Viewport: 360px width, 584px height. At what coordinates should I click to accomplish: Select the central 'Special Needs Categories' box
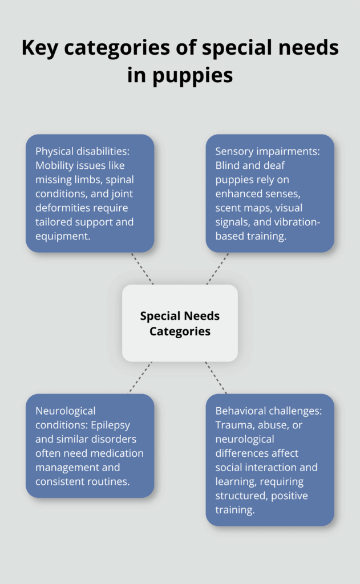pyautogui.click(x=180, y=323)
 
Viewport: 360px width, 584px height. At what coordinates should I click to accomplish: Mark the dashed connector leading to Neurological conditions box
pyautogui.click(x=140, y=378)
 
